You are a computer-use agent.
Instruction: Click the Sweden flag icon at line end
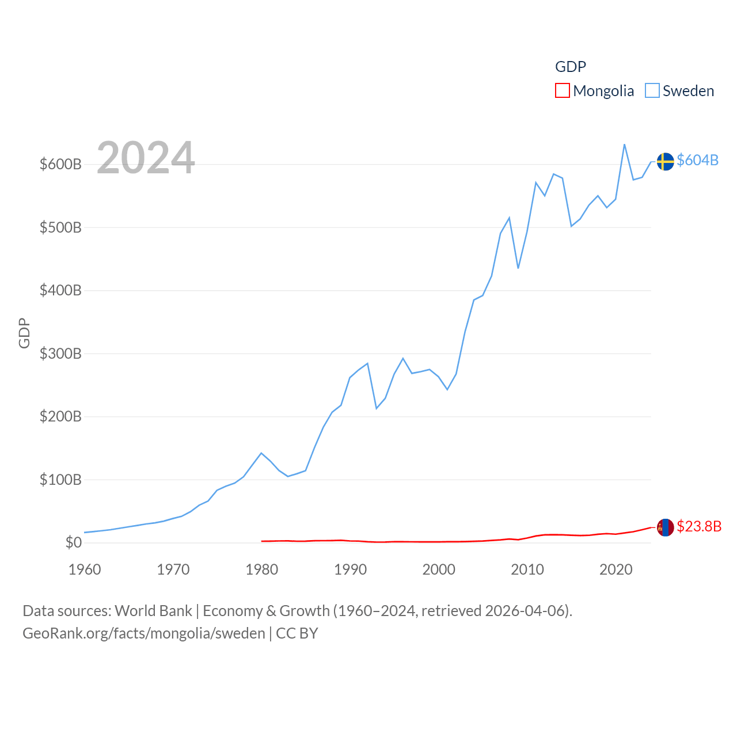click(x=665, y=161)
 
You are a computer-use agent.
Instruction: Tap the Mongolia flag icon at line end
click(x=665, y=527)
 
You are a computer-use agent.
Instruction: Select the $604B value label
click(x=697, y=160)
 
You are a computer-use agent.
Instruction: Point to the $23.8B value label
click(x=699, y=526)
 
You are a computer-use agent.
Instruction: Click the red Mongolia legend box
click(x=562, y=91)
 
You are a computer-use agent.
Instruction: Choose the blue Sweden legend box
click(x=652, y=91)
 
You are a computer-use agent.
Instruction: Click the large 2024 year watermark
click(x=146, y=158)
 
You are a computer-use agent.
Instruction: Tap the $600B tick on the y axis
click(x=60, y=164)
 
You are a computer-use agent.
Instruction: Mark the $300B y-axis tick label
click(x=60, y=354)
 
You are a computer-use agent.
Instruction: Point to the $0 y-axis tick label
click(x=73, y=542)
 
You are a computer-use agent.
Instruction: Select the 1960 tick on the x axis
click(x=85, y=569)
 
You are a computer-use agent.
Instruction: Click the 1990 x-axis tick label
click(x=350, y=569)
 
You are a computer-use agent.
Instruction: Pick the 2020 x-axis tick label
click(x=616, y=569)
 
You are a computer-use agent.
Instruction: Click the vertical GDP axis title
click(x=24, y=333)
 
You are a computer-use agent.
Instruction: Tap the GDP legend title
click(x=570, y=67)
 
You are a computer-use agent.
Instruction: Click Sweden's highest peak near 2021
click(x=625, y=145)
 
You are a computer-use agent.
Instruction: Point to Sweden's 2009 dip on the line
click(x=518, y=268)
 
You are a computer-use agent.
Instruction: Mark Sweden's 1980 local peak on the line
click(x=261, y=453)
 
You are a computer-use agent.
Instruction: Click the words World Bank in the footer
click(x=153, y=611)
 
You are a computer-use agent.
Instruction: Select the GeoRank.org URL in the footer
click(x=144, y=633)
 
